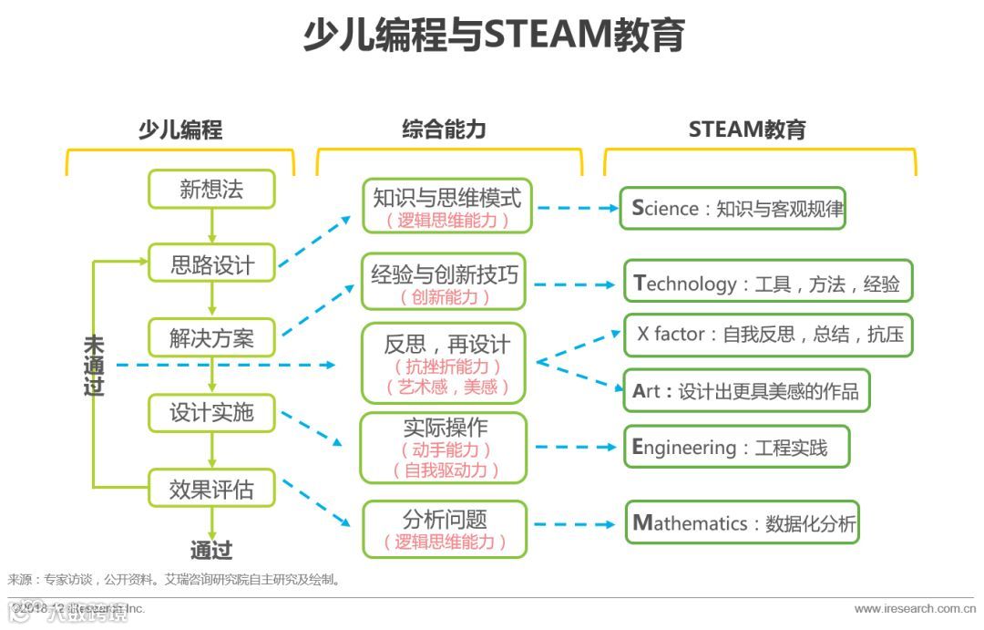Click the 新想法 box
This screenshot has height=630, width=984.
pos(211,190)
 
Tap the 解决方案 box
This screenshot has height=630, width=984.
pos(211,338)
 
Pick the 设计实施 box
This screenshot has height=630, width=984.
pos(211,413)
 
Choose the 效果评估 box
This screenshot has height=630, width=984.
pos(211,490)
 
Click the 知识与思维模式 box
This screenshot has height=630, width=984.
pos(446,206)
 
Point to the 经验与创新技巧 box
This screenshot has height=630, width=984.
pos(445,282)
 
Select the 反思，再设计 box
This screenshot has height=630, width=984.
pos(445,363)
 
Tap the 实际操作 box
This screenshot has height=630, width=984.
pos(445,448)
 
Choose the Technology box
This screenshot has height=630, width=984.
pos(768,282)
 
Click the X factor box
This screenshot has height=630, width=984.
pos(768,334)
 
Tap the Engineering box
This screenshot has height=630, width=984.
pos(736,447)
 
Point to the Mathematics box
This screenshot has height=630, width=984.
pos(742,522)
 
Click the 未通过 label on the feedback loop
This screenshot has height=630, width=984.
pos(94,366)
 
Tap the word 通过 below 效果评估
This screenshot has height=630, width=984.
pos(211,551)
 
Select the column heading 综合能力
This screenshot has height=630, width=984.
pos(444,129)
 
